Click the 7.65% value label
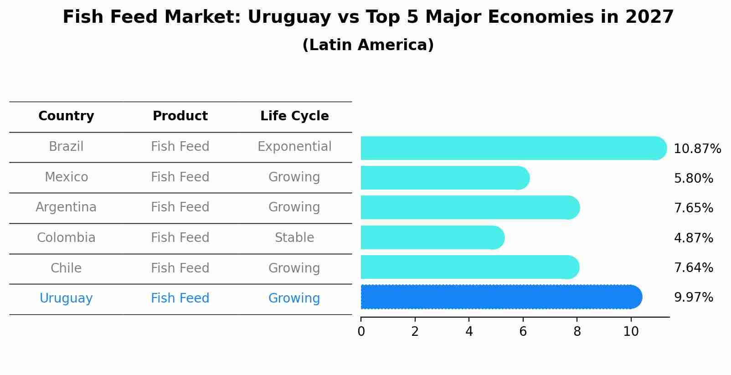tap(693, 208)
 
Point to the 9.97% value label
tap(693, 298)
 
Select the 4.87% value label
tap(693, 238)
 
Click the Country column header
tap(66, 116)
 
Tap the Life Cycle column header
tap(294, 116)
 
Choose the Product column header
tap(180, 116)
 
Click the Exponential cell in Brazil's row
tap(294, 147)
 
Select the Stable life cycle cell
tap(294, 238)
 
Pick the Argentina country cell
tap(66, 207)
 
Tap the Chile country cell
tap(66, 268)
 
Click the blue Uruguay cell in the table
tap(66, 298)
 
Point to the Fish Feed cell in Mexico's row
tap(180, 177)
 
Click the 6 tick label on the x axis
tap(523, 332)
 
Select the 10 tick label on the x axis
tap(631, 332)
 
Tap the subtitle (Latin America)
tap(368, 45)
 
